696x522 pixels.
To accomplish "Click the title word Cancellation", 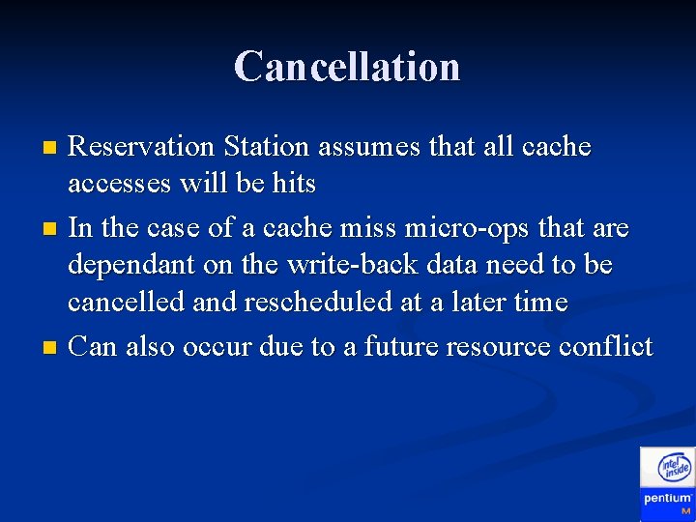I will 347,67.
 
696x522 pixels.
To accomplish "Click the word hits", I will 291,185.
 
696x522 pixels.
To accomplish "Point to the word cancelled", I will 126,303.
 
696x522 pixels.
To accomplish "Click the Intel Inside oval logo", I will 674,468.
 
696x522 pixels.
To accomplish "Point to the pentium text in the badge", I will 668,499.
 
